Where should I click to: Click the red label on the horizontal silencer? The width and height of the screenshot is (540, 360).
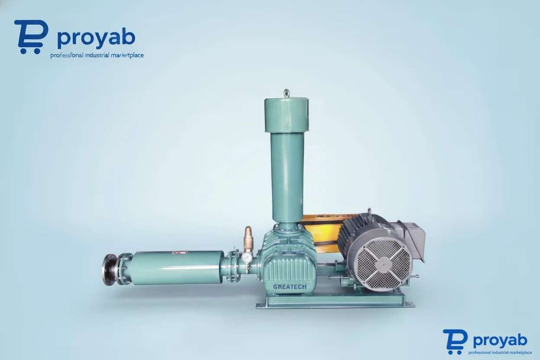point(180,252)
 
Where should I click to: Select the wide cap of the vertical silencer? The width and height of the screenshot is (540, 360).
point(286,115)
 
